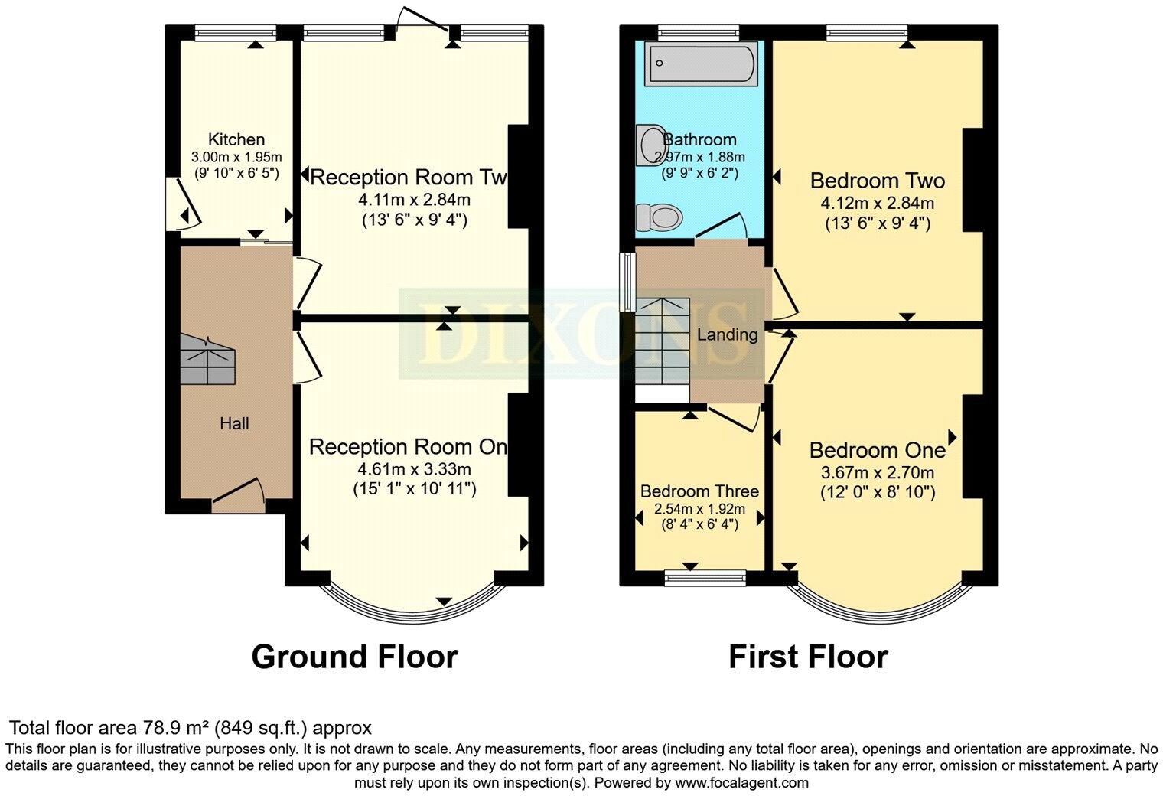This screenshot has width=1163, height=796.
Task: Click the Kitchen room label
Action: (236, 139)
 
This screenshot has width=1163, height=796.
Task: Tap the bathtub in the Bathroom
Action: (700, 64)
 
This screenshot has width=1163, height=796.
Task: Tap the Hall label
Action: (234, 423)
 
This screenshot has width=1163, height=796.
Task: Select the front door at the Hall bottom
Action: (237, 497)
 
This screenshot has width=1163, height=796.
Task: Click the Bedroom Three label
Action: (699, 491)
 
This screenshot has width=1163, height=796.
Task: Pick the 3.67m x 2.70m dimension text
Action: (877, 472)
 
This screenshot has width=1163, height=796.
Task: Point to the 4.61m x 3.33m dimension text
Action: (414, 468)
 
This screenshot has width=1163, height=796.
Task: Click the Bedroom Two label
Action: (877, 181)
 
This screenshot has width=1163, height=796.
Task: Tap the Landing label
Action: (727, 334)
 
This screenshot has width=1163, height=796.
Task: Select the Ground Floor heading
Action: (354, 657)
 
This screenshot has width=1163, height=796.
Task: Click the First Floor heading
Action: (808, 657)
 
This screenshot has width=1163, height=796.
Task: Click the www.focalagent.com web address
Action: (741, 783)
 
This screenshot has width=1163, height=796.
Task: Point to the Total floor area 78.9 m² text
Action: (190, 727)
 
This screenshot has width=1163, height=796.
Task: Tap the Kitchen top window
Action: (235, 31)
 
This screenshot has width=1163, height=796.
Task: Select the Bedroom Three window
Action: (705, 579)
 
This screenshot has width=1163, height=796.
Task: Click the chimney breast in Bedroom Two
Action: (972, 180)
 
